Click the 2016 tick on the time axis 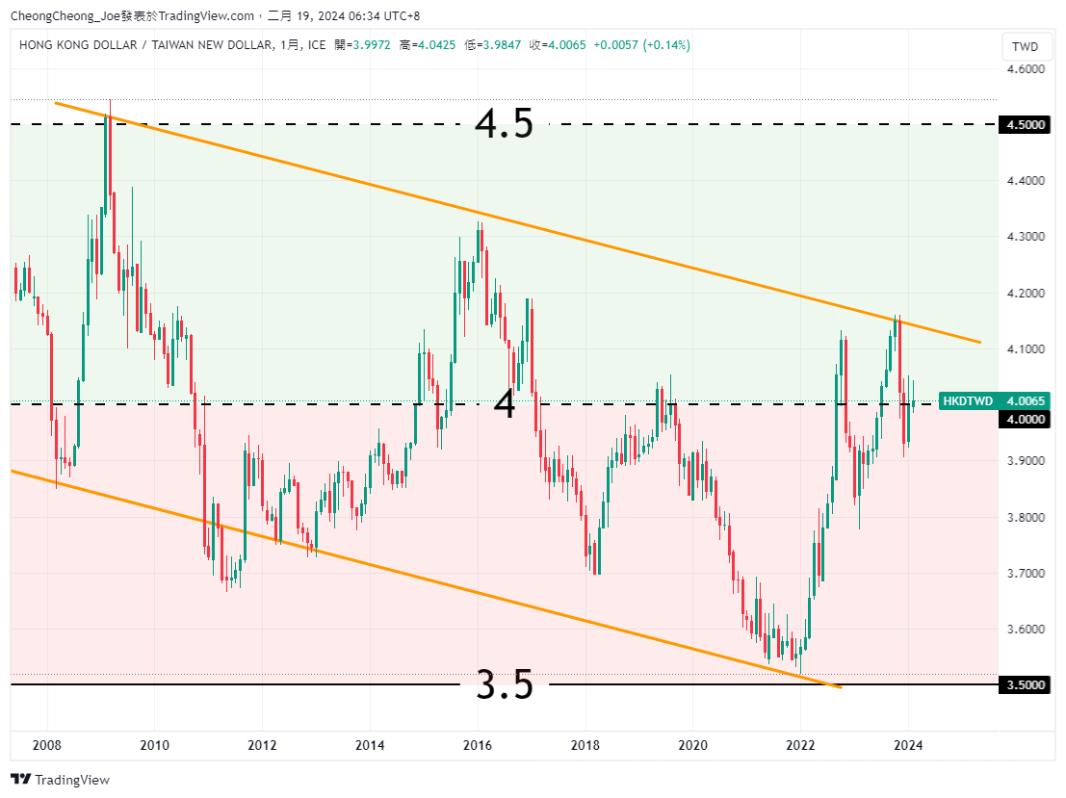478,745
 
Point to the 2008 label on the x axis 47,745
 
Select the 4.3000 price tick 1025,237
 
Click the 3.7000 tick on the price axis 1025,574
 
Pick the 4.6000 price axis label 1025,69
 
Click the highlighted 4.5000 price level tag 1025,125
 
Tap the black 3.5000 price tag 1025,685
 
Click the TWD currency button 1026,46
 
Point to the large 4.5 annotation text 505,124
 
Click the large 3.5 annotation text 505,685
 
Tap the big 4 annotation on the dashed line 505,405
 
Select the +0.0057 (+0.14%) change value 641,45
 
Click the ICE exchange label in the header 317,45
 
